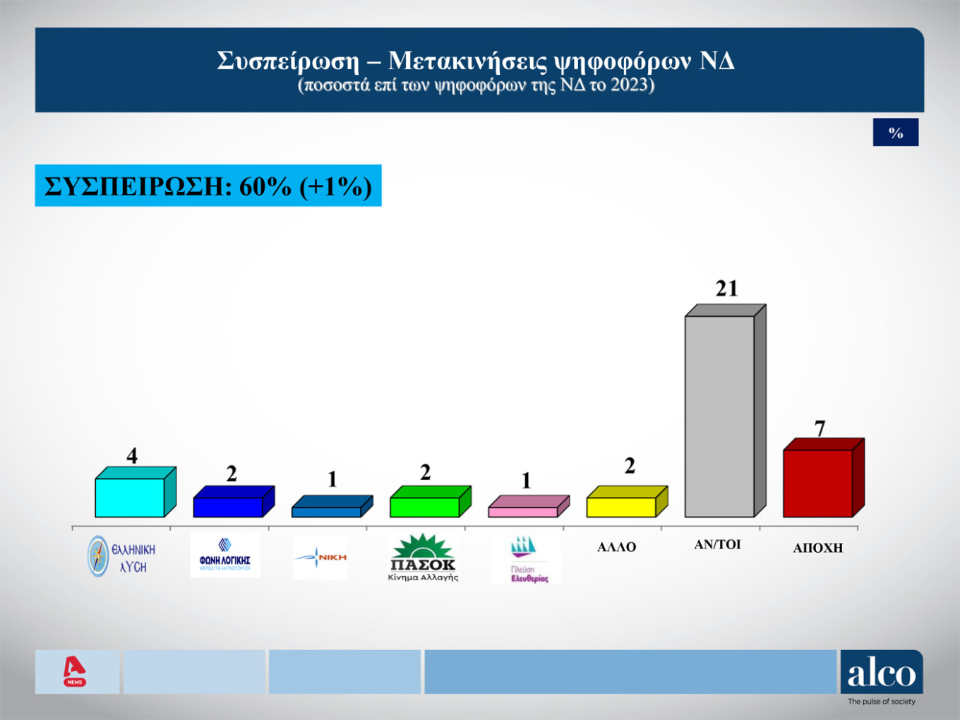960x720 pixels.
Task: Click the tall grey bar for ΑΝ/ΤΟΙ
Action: pos(719,416)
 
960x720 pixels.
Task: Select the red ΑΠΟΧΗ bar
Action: pos(817,483)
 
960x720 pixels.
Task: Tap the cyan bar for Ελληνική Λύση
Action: pos(129,497)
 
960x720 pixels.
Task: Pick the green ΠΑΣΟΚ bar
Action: pos(424,506)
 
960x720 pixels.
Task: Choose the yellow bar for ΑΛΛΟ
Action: pos(620,506)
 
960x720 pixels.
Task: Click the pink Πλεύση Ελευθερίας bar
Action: pos(522,511)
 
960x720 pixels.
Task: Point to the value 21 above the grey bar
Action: pos(726,289)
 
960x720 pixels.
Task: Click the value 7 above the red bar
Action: pos(820,428)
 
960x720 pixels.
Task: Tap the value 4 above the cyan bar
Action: pos(132,456)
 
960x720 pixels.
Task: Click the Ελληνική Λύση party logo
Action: pos(121,557)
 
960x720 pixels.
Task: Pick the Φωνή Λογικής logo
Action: pos(225,556)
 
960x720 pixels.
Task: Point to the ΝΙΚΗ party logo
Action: pos(320,558)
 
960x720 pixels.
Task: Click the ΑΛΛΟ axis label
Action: pos(616,547)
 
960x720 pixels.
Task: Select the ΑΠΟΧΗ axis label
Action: pos(817,548)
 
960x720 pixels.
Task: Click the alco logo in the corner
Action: pos(881,674)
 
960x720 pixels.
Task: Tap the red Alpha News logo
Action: pos(75,671)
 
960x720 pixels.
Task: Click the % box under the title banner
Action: pos(895,133)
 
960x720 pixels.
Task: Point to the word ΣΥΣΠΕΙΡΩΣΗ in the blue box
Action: pos(134,186)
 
